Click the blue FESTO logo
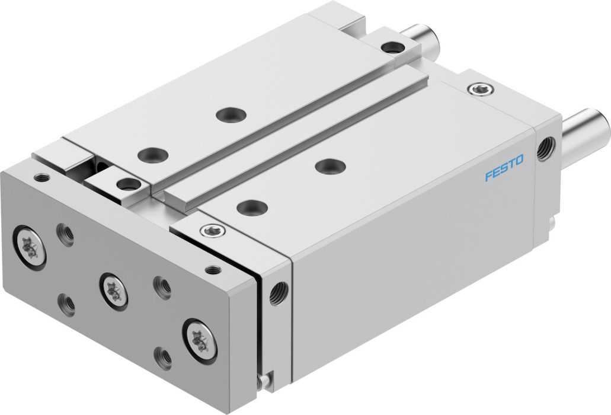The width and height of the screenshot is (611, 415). (x=504, y=168)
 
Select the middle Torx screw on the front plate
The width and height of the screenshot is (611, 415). (x=114, y=290)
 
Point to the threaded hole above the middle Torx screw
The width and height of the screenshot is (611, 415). (x=161, y=287)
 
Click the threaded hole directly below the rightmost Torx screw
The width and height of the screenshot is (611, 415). (x=163, y=357)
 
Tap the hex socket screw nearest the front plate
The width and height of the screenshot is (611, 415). (x=212, y=230)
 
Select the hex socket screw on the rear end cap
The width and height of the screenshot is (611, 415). (x=481, y=90)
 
